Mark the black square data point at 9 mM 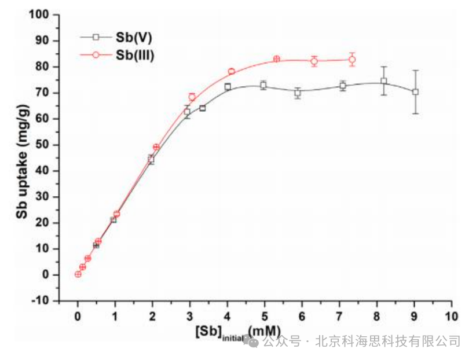(415, 92)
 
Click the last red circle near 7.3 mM (352, 60)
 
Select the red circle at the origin (78, 274)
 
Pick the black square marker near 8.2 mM (383, 81)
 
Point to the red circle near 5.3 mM (277, 59)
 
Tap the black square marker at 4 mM (228, 87)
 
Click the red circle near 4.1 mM (231, 72)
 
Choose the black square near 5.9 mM (298, 93)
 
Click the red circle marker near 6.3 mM (314, 61)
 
